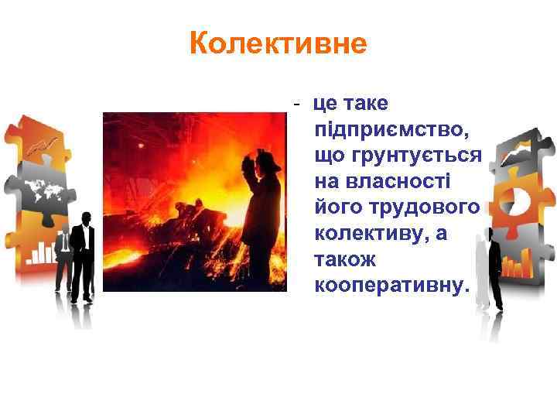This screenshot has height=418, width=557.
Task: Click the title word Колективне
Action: [278, 44]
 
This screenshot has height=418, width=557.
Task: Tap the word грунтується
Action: [398, 157]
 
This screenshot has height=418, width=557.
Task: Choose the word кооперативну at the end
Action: [391, 286]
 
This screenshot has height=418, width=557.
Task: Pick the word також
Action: [345, 260]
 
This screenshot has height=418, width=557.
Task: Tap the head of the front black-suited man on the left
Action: [85, 218]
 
